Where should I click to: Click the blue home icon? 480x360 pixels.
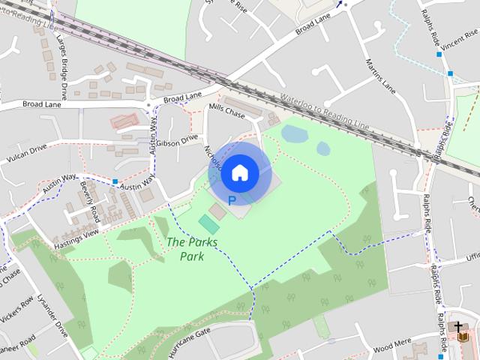(x=239, y=173)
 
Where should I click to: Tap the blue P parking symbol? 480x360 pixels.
(x=232, y=201)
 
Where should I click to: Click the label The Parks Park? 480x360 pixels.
(x=185, y=249)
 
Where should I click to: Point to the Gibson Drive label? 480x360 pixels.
(x=177, y=139)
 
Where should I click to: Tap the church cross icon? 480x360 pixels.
(x=457, y=327)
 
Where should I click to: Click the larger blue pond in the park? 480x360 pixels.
(x=294, y=133)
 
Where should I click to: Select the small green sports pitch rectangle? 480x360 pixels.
(x=209, y=224)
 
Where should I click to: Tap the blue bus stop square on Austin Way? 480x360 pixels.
(x=115, y=181)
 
